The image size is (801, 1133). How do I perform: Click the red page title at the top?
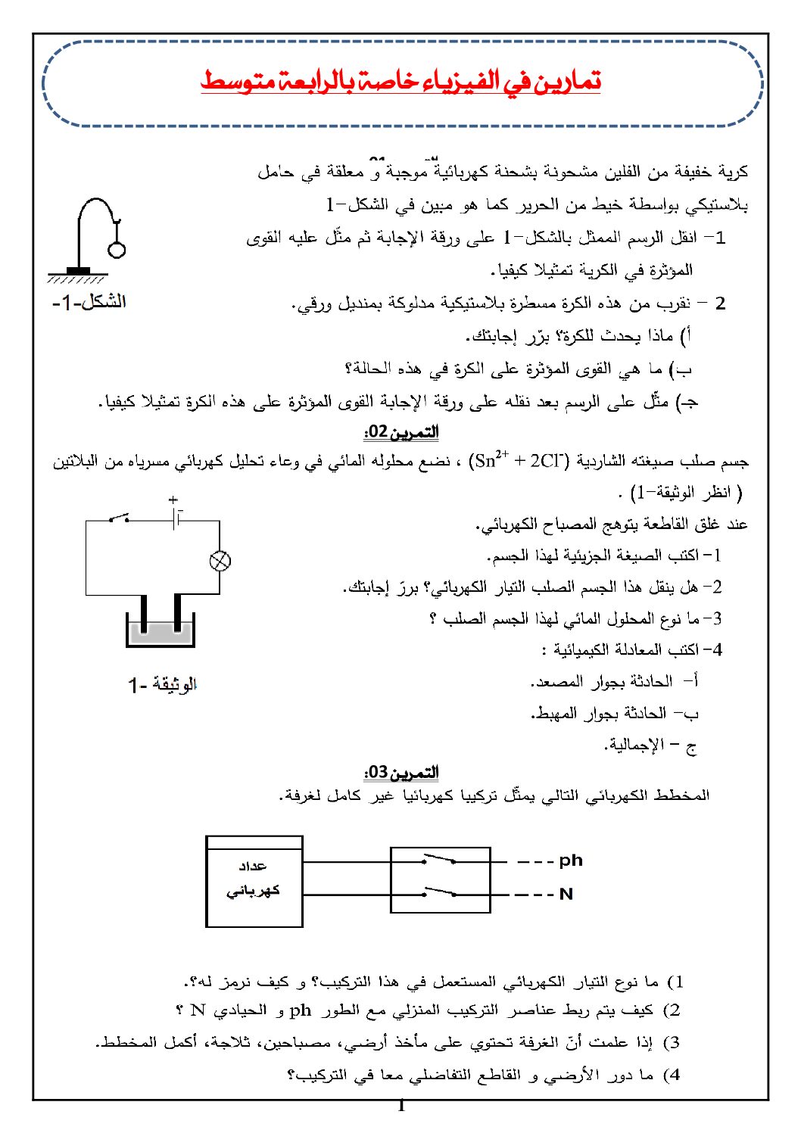(x=400, y=80)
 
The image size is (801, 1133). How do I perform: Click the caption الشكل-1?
(x=89, y=302)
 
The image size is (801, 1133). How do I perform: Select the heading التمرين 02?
(x=401, y=432)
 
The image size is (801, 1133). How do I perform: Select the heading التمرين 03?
(x=401, y=773)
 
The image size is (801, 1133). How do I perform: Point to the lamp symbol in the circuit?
(x=220, y=561)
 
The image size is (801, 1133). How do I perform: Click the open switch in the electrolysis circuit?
(x=119, y=518)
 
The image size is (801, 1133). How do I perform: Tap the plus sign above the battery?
(x=173, y=500)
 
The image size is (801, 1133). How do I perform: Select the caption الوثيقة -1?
(x=162, y=685)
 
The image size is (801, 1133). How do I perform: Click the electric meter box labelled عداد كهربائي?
(x=254, y=881)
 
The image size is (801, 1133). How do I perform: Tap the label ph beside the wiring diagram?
(x=571, y=861)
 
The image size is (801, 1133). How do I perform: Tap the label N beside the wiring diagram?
(x=566, y=894)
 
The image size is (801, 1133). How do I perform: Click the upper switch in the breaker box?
(x=440, y=859)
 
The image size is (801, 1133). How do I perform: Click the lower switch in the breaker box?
(x=440, y=892)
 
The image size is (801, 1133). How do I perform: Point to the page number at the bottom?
(x=401, y=1107)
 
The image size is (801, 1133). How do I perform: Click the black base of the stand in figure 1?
(x=78, y=271)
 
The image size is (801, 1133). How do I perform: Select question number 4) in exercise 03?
(x=672, y=1075)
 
